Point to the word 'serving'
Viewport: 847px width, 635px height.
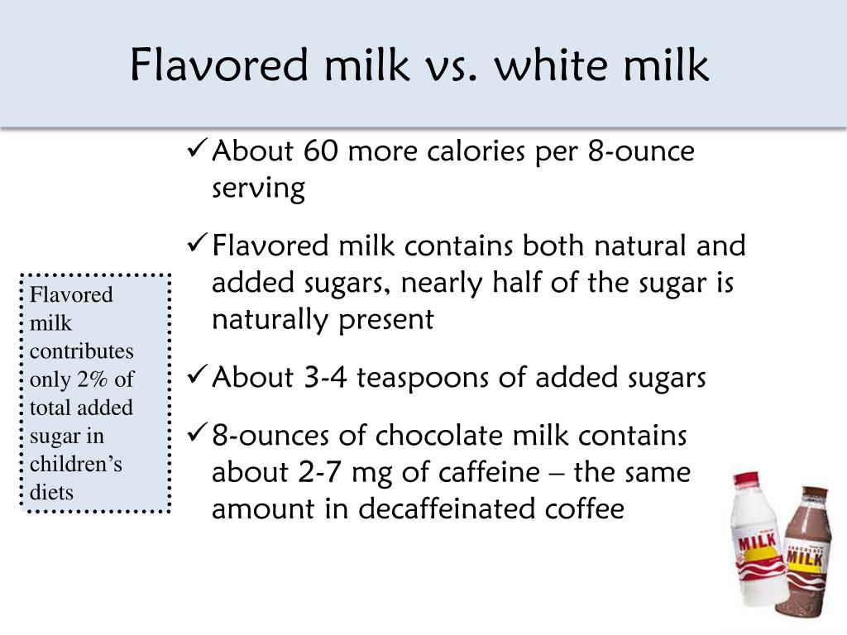pos(258,189)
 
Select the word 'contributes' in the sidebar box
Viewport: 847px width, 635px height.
pos(81,351)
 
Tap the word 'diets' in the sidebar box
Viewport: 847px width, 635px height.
pos(51,493)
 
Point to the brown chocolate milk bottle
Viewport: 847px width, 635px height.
pos(805,554)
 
